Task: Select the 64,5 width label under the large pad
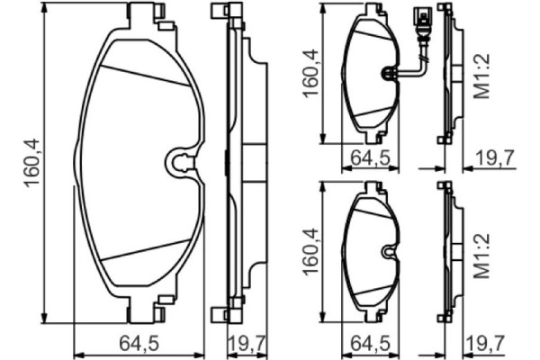[140, 342]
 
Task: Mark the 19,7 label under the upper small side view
[493, 159]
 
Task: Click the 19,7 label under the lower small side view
[493, 342]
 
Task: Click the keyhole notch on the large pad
[181, 163]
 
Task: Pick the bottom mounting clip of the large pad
[148, 311]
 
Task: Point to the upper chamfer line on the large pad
[144, 76]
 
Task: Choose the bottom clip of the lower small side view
[442, 316]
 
